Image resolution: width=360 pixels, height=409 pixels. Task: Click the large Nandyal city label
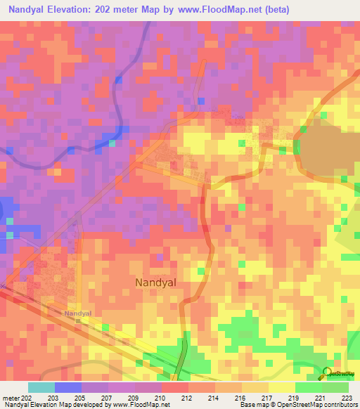(155, 282)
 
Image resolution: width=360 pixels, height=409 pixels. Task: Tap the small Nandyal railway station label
(78, 313)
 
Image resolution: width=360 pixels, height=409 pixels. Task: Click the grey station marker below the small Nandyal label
(78, 321)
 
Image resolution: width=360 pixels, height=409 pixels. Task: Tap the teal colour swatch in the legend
(41, 387)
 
